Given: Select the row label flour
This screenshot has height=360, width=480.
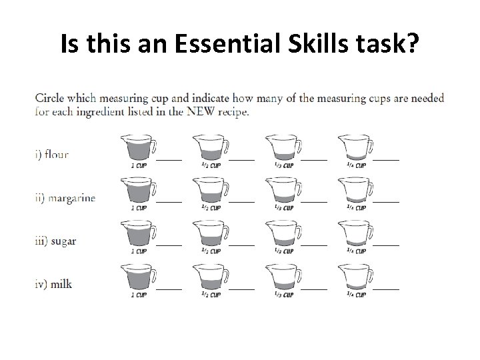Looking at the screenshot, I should pyautogui.click(x=51, y=155).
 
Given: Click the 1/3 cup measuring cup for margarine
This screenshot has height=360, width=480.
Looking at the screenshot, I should pyautogui.click(x=282, y=190).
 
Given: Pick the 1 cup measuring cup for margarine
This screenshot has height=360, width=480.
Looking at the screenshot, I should pyautogui.click(x=137, y=190).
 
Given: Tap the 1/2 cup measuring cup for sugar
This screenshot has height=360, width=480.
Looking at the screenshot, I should pyautogui.click(x=209, y=233).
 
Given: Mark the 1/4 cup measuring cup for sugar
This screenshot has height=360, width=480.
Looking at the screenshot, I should pyautogui.click(x=355, y=233).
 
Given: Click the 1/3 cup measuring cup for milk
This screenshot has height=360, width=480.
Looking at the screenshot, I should pyautogui.click(x=282, y=277).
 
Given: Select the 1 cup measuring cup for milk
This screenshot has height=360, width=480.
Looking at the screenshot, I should pyautogui.click(x=137, y=277).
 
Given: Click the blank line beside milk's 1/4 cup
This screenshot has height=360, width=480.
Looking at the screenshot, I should pyautogui.click(x=387, y=289).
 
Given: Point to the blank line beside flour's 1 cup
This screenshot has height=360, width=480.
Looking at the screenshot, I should pyautogui.click(x=169, y=159).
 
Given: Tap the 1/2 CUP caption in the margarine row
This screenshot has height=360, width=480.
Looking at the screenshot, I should pyautogui.click(x=211, y=208).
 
